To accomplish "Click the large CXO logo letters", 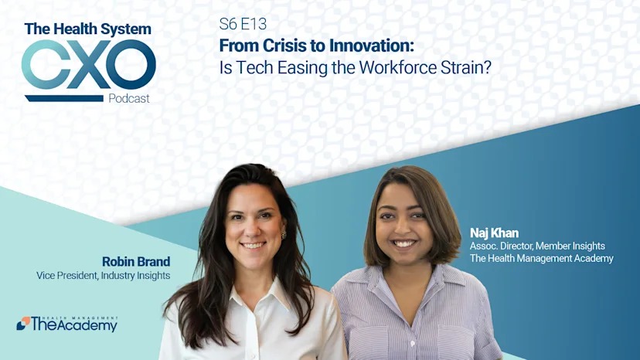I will pyautogui.click(x=88, y=65).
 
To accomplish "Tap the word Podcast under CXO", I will pyautogui.click(x=129, y=98).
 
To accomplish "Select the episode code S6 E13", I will pyautogui.click(x=243, y=25).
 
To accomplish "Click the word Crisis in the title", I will pyautogui.click(x=281, y=46).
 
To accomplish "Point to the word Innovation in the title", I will pyautogui.click(x=370, y=46).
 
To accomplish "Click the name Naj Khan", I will pyautogui.click(x=494, y=232).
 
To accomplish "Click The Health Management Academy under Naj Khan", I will pyautogui.click(x=541, y=258).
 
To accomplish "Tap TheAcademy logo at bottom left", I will pyautogui.click(x=67, y=324).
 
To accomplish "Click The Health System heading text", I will pyautogui.click(x=87, y=29).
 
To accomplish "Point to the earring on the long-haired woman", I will pyautogui.click(x=283, y=234).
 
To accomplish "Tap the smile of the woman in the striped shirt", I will pyautogui.click(x=404, y=243).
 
